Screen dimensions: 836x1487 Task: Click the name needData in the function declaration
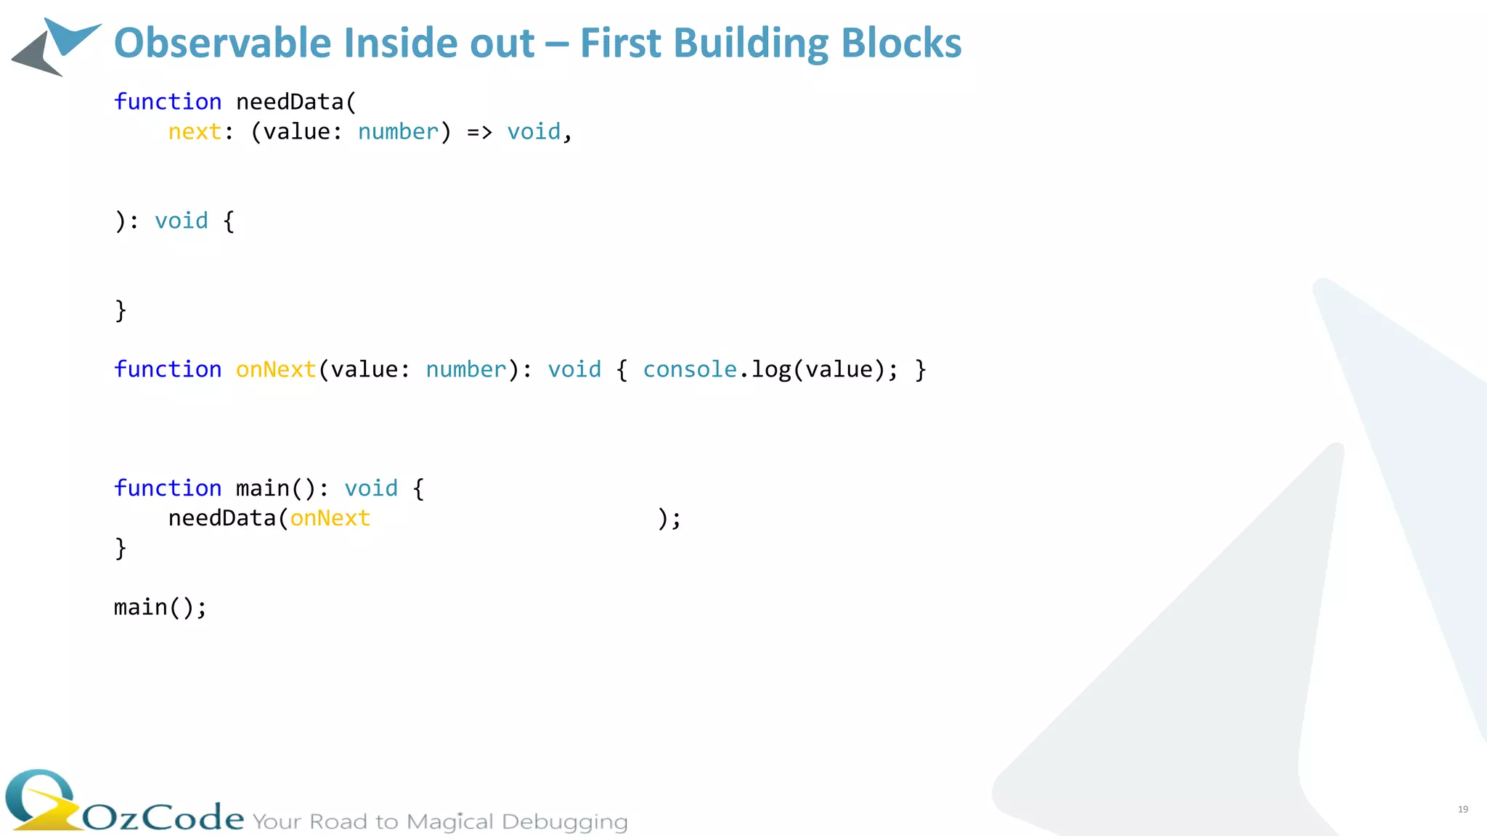pos(290,102)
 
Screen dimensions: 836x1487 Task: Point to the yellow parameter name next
pos(195,132)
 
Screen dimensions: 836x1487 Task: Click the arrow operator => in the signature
pos(479,132)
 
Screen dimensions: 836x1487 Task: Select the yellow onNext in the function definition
pos(276,370)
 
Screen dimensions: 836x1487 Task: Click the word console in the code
pos(690,370)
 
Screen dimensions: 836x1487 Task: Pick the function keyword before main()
pos(168,488)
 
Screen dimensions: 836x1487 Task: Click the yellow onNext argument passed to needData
pos(330,519)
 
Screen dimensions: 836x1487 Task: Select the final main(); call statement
pos(160,607)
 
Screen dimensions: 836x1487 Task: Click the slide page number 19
pos(1463,809)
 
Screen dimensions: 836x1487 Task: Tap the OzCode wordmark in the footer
pos(163,818)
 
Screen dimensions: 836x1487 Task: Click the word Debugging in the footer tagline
pos(564,822)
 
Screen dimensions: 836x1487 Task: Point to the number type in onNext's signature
pos(465,370)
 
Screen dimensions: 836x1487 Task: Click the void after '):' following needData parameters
pos(182,221)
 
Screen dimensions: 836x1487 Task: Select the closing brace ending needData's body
pos(121,311)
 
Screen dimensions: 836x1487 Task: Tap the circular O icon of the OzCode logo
pos(40,798)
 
